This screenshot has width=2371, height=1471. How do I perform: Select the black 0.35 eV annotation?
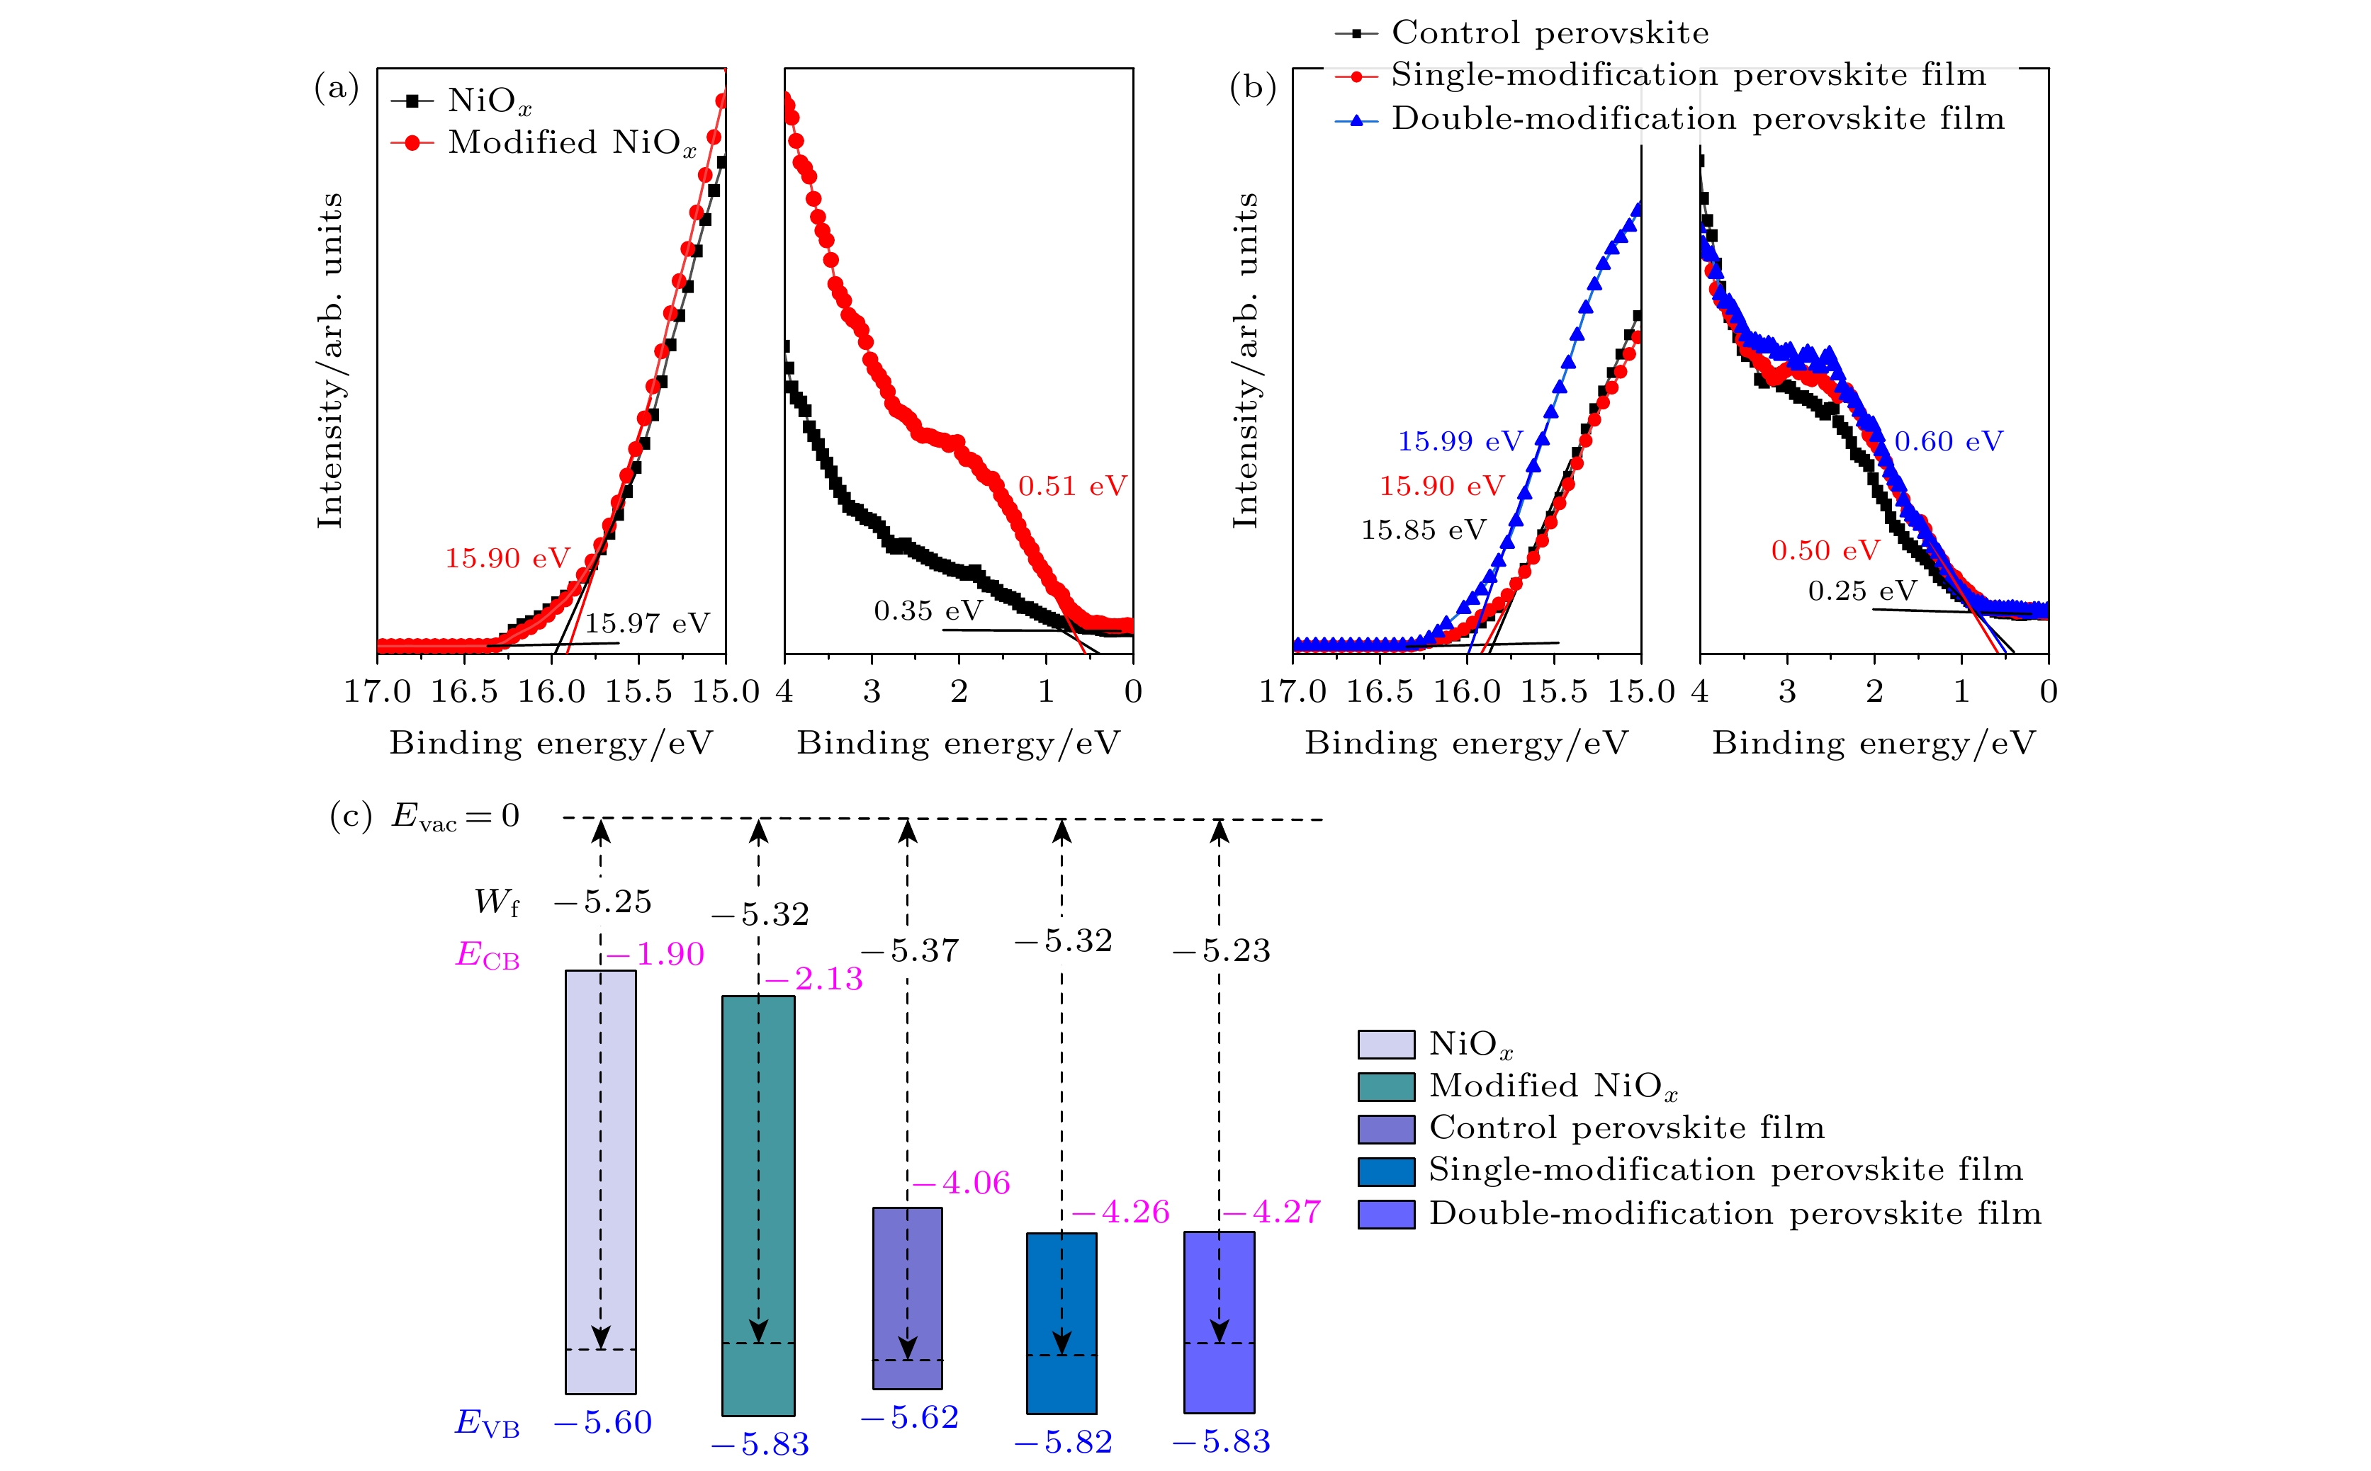coord(928,611)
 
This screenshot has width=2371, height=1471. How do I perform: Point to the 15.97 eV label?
coord(647,624)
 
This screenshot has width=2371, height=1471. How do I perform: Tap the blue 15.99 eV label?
coord(1460,442)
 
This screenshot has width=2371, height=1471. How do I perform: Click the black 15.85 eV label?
coord(1423,530)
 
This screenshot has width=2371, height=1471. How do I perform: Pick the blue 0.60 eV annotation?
coord(1947,442)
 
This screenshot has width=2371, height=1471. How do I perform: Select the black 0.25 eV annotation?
coord(1861,591)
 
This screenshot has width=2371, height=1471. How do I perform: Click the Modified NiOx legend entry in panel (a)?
coord(571,143)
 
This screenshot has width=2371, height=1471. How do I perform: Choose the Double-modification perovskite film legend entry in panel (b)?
coord(1697,119)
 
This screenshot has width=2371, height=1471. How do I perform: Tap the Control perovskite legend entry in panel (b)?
coord(1550,33)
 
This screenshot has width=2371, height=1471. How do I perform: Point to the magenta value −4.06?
coord(962,1183)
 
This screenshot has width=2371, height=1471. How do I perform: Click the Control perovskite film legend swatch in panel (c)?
coord(1385,1128)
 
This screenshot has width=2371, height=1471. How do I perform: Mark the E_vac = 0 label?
coord(456,817)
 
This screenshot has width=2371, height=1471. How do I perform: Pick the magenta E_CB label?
coord(488,955)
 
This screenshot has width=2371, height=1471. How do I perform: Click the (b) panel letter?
coord(1253,88)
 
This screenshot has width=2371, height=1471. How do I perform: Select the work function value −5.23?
coord(1222,950)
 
